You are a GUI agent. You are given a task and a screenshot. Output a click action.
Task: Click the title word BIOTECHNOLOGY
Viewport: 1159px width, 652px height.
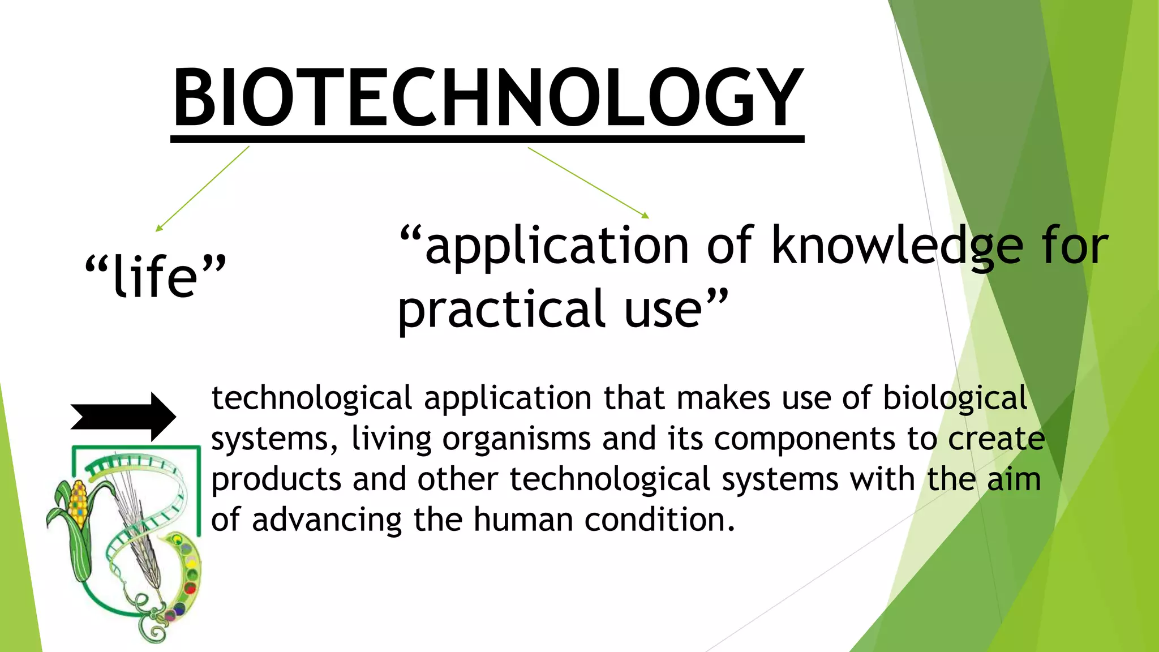coord(487,97)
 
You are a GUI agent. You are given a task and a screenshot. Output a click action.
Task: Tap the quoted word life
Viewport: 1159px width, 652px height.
coord(156,276)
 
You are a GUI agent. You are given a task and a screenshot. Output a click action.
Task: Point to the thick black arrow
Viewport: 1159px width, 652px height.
coord(123,417)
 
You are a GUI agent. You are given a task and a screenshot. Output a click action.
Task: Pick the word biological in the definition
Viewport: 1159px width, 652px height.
coord(955,398)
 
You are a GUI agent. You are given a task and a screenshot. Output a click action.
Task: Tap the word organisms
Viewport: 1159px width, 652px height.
coord(516,439)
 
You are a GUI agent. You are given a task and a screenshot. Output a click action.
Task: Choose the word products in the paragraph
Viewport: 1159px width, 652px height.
coord(276,480)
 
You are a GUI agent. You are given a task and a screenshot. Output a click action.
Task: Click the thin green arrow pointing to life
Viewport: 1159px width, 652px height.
coord(202,188)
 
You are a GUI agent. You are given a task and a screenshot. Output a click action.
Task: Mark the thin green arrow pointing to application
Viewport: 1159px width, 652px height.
coord(589,182)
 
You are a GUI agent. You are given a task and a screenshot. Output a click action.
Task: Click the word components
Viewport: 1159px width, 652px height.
coord(804,439)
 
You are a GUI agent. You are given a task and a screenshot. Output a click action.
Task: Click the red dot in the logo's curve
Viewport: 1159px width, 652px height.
coord(190,589)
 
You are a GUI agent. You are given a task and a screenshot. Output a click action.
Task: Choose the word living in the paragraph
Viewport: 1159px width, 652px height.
coord(391,439)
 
